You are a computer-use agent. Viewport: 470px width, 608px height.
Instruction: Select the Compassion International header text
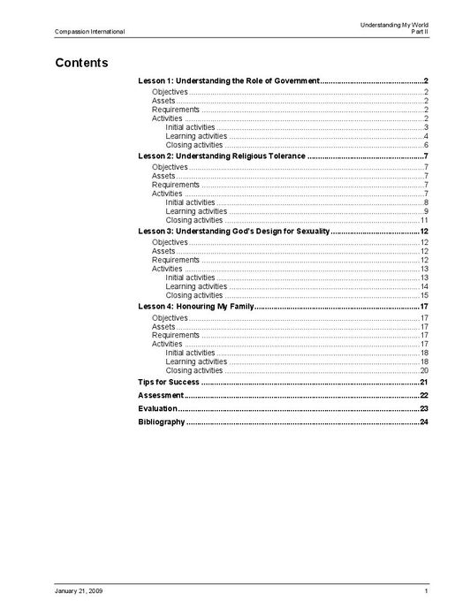click(89, 32)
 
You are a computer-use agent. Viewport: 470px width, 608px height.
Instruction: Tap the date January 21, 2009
click(79, 590)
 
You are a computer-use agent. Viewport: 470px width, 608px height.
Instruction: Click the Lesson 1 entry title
click(229, 80)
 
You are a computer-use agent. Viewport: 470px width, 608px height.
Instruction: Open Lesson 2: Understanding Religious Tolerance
click(222, 156)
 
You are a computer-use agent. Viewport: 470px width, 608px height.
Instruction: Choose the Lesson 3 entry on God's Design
click(234, 231)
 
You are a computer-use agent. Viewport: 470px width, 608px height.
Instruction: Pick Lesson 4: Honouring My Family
click(196, 306)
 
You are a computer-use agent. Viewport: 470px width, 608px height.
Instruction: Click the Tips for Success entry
click(169, 382)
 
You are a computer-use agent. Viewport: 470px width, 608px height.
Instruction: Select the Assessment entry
click(161, 395)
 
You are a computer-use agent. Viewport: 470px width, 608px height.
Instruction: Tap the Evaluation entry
click(158, 409)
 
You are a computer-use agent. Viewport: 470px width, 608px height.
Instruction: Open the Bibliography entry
click(162, 422)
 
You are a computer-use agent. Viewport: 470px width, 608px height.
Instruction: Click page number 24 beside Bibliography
click(424, 422)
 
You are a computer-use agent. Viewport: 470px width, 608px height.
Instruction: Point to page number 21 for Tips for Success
click(424, 382)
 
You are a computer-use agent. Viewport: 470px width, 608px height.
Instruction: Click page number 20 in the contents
click(424, 370)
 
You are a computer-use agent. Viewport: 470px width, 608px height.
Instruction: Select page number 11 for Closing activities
click(424, 220)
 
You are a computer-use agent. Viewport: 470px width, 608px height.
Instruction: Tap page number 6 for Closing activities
click(426, 145)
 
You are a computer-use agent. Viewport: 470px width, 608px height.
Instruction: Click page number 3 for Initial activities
click(426, 127)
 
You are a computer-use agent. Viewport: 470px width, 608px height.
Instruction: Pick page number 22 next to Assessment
click(424, 395)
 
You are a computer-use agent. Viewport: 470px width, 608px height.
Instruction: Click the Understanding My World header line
click(393, 25)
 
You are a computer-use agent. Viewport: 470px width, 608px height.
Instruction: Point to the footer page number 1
click(426, 590)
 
